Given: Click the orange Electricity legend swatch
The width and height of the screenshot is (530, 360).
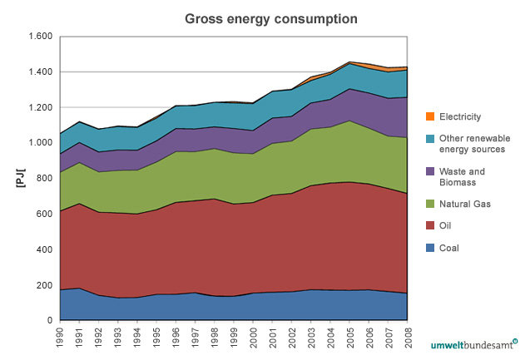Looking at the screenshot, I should pyautogui.click(x=429, y=117).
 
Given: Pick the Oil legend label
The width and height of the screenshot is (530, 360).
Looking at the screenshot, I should pyautogui.click(x=447, y=225).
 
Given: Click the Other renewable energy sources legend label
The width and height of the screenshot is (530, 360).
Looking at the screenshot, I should pyautogui.click(x=475, y=144).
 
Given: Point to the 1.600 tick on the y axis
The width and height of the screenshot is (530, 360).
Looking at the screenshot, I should pyautogui.click(x=40, y=37).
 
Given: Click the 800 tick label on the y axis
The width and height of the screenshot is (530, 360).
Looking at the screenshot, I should pyautogui.click(x=44, y=179).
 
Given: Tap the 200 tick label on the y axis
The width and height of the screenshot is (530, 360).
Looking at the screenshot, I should pyautogui.click(x=44, y=285).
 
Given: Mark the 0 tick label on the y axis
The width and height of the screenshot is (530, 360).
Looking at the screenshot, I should pyautogui.click(x=50, y=321).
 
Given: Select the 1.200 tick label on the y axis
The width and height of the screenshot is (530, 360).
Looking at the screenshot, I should pyautogui.click(x=40, y=108).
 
